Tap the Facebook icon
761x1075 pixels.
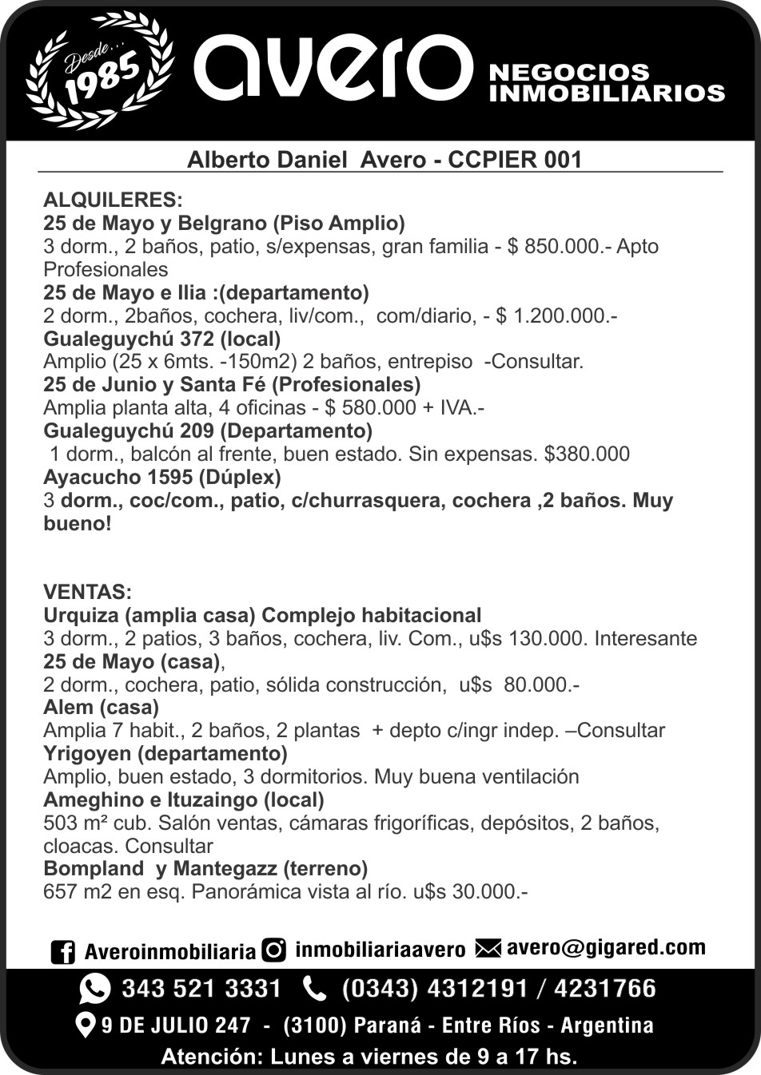pos(62,952)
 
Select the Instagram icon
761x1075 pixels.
pos(275,950)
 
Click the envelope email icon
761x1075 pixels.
pos(488,949)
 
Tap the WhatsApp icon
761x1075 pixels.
pos(95,990)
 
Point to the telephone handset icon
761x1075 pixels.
pos(315,990)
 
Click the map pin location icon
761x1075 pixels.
pos(85,1025)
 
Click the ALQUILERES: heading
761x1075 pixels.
pos(113,199)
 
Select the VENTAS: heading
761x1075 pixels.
pos(87,593)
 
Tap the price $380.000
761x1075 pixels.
pos(587,454)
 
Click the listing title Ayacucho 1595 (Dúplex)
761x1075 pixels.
pos(162,478)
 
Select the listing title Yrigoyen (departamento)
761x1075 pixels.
pos(165,753)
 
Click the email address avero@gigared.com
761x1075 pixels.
pos(606,948)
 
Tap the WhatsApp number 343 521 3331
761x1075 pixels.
pos(201,990)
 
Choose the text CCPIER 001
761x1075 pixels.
pos(516,160)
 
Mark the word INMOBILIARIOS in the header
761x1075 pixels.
pos(606,93)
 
